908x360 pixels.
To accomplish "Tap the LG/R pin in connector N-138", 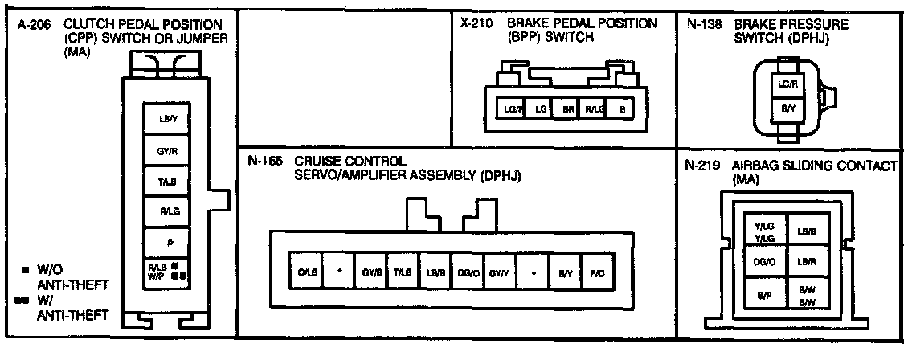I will [x=787, y=83].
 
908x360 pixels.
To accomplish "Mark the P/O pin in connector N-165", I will [x=595, y=272].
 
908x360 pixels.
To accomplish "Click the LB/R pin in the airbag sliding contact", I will [x=806, y=261].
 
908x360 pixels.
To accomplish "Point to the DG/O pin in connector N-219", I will [x=764, y=261].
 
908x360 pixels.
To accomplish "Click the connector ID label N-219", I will [x=701, y=166].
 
